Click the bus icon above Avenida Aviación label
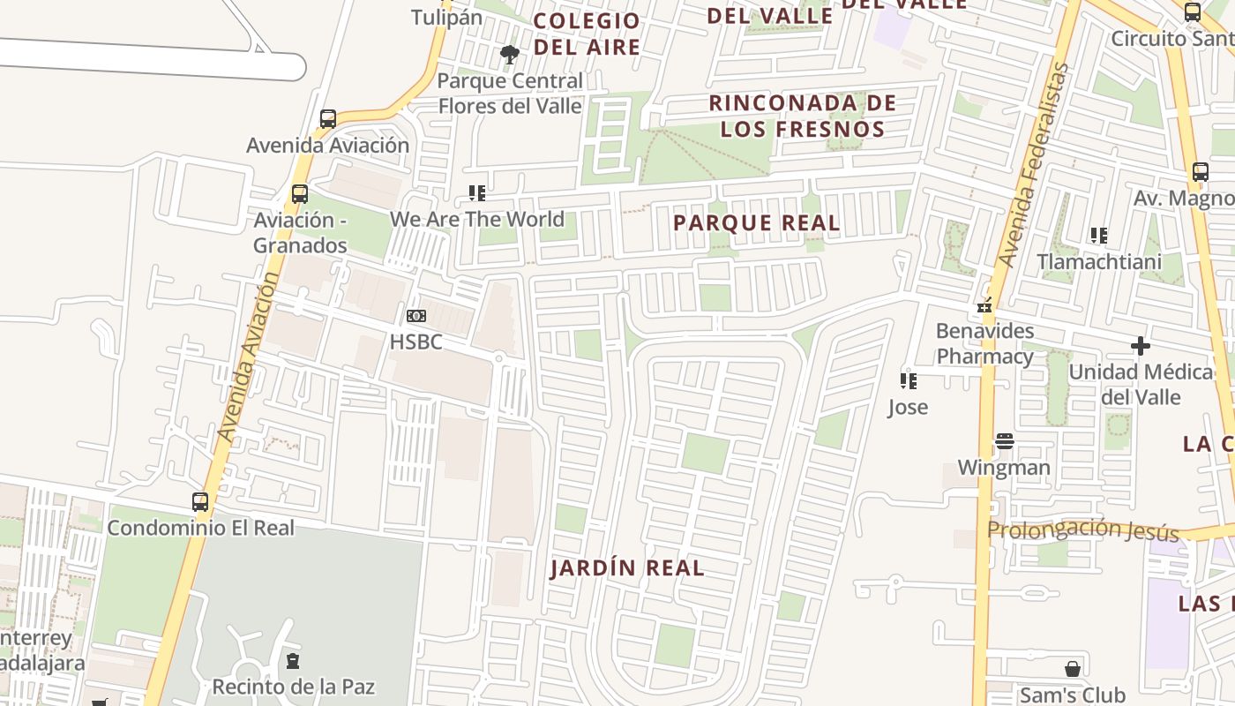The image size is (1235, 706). pos(328,118)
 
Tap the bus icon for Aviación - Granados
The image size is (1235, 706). pos(300,193)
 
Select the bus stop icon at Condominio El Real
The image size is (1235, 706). pos(200,502)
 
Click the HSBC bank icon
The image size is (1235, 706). pos(415,316)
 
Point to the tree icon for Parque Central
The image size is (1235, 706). pos(509,55)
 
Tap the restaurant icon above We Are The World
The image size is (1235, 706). pos(477,192)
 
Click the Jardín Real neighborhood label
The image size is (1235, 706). pos(627,567)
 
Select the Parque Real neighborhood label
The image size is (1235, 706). pos(757,223)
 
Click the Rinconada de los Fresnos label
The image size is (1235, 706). pos(802,116)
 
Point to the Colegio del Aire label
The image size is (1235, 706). pos(587,34)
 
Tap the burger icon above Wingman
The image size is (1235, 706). pos(1005,441)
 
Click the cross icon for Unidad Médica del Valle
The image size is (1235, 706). pos(1141,346)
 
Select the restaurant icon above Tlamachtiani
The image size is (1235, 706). pos(1098,236)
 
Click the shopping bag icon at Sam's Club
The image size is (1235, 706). pos(1073,669)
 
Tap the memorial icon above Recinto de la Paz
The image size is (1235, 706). pos(293,660)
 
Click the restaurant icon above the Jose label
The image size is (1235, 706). pos(908,381)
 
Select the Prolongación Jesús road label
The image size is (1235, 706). pos(1082,529)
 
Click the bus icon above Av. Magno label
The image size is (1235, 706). pos(1200,172)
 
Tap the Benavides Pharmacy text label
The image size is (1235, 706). pos(984,343)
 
